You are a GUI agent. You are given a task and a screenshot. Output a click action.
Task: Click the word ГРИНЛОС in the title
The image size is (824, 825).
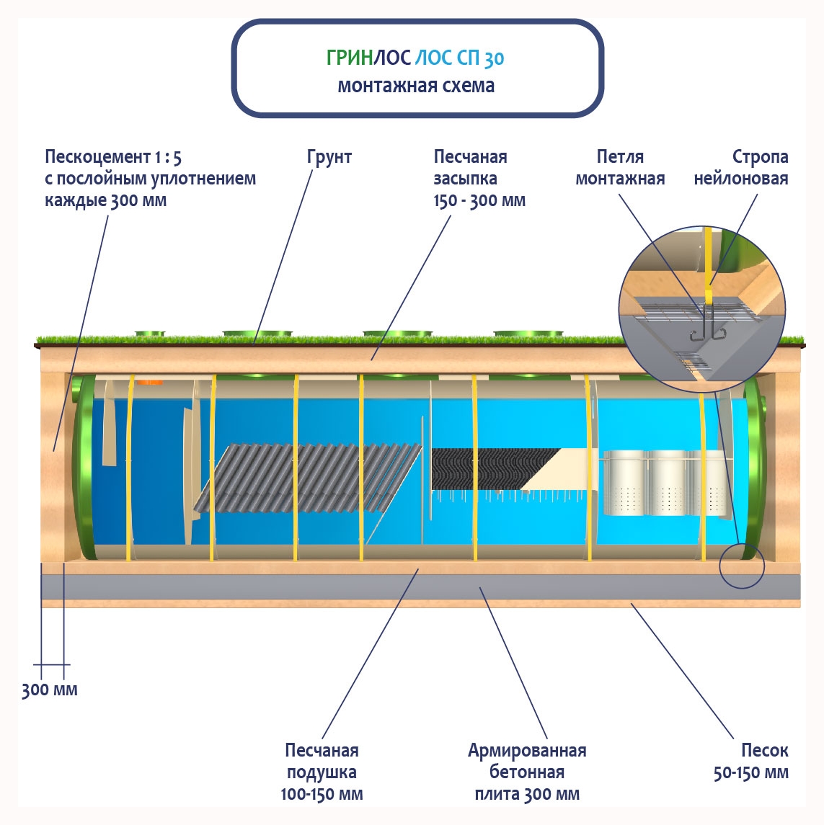[368, 58]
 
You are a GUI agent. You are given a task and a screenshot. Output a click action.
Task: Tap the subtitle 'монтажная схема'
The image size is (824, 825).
[416, 86]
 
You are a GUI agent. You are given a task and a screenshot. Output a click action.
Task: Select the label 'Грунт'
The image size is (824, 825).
[329, 157]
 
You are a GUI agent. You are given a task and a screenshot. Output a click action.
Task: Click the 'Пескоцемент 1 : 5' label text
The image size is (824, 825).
[113, 157]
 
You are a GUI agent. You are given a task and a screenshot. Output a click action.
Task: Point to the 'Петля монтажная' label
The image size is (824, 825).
[620, 168]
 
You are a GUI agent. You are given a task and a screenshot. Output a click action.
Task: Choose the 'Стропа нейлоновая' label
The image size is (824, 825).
[741, 168]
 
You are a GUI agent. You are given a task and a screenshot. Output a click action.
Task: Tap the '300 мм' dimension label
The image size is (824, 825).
[49, 690]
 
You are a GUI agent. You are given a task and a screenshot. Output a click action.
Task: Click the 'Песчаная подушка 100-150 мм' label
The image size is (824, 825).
[322, 772]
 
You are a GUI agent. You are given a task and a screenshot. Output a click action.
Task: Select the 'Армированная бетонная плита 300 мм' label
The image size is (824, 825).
[527, 772]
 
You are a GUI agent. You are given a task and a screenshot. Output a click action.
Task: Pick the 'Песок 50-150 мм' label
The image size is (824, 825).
[751, 762]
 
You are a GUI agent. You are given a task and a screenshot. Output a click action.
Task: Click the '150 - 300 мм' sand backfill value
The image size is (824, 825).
[479, 201]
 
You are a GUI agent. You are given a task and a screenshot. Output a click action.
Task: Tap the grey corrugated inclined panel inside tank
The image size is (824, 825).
[310, 478]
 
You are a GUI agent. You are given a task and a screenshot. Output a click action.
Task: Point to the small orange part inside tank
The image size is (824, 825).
[149, 382]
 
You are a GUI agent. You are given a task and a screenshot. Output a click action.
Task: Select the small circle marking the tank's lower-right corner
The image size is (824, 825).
[741, 566]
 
